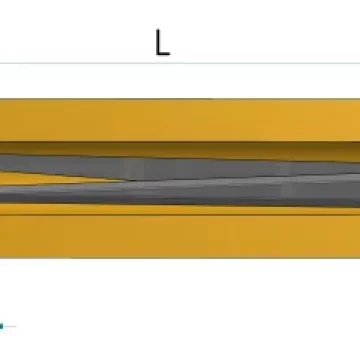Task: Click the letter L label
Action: pos(163,42)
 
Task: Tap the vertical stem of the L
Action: pos(158,42)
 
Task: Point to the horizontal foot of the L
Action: pos(163,53)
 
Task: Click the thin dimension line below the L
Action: pos(180,63)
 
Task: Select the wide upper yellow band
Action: pos(180,120)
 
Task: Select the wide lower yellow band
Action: pos(180,236)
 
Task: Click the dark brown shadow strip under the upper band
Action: pos(180,150)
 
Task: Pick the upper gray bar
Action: pos(180,167)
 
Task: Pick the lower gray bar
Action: pos(180,192)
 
